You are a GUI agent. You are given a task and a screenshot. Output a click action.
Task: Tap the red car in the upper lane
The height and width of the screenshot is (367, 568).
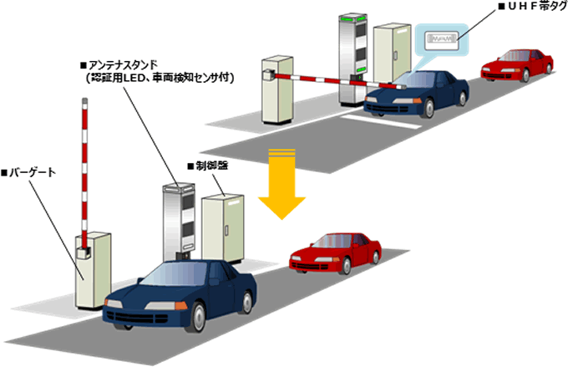[518, 62]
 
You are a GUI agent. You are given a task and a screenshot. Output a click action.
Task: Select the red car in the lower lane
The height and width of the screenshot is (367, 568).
[335, 248]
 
